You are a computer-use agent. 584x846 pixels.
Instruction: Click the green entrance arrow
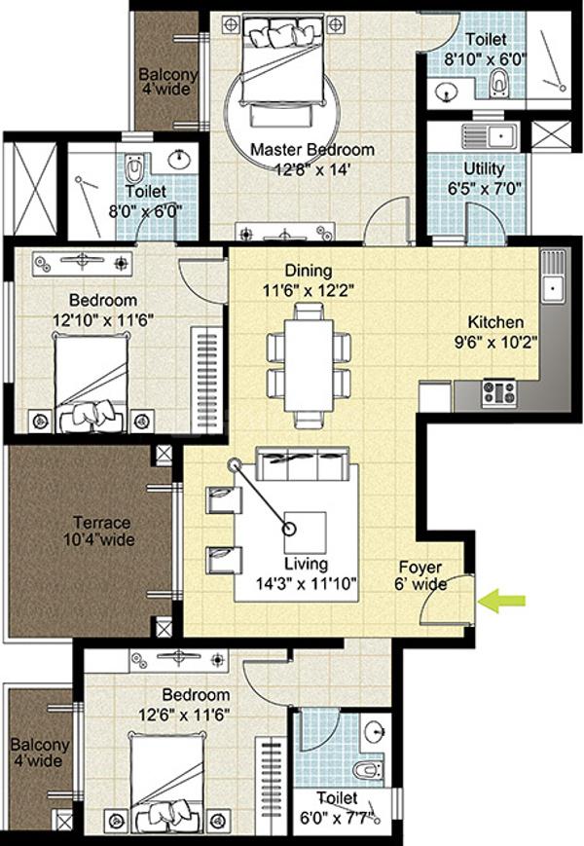click(x=502, y=601)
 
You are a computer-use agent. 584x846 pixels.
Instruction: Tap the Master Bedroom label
click(x=312, y=149)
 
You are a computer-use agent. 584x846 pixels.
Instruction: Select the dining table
click(x=309, y=366)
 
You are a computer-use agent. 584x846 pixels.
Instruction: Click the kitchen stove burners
click(x=498, y=392)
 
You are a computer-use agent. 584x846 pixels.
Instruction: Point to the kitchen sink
click(x=553, y=287)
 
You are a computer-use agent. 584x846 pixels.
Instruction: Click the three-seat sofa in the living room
click(x=302, y=463)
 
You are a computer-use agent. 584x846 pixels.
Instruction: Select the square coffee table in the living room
click(x=306, y=532)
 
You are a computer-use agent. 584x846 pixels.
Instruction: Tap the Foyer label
click(x=420, y=567)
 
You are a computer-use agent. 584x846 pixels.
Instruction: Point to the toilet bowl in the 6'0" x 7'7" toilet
click(x=368, y=769)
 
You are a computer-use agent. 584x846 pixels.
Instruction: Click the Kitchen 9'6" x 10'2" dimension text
click(x=496, y=342)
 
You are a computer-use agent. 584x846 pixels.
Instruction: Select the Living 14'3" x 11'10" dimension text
click(x=307, y=583)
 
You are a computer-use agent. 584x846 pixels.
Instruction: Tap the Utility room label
click(x=484, y=168)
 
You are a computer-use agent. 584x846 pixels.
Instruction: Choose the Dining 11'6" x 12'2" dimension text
click(x=308, y=291)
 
